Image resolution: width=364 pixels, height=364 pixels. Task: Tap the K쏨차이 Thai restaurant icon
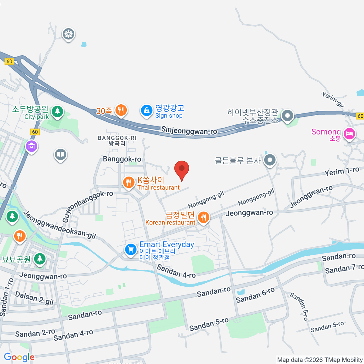[x=129, y=183]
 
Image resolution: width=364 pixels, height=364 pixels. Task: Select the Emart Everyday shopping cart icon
[x=131, y=250]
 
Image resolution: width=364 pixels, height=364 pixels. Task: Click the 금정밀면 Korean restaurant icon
[x=203, y=217]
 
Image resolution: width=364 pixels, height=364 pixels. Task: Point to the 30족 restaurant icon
[x=121, y=110]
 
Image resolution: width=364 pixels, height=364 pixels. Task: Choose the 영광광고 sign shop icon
[x=147, y=110]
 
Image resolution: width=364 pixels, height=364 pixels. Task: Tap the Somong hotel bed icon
[x=349, y=133]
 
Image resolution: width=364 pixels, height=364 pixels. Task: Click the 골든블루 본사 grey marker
[x=270, y=160]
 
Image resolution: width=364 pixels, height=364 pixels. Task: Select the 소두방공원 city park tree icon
[x=57, y=111]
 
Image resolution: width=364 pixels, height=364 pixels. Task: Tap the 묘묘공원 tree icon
[x=40, y=259]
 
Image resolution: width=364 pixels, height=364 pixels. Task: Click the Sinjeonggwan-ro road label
[x=189, y=131]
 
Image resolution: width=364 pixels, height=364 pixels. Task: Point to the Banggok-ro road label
[x=122, y=159]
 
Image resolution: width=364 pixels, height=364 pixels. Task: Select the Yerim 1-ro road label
[x=342, y=171]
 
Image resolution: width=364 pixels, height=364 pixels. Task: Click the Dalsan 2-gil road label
[x=34, y=298]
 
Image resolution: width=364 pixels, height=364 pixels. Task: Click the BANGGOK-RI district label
[x=117, y=140]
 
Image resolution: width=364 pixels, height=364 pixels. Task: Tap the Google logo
[x=19, y=357]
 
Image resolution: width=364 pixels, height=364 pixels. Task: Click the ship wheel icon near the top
[x=69, y=34]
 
